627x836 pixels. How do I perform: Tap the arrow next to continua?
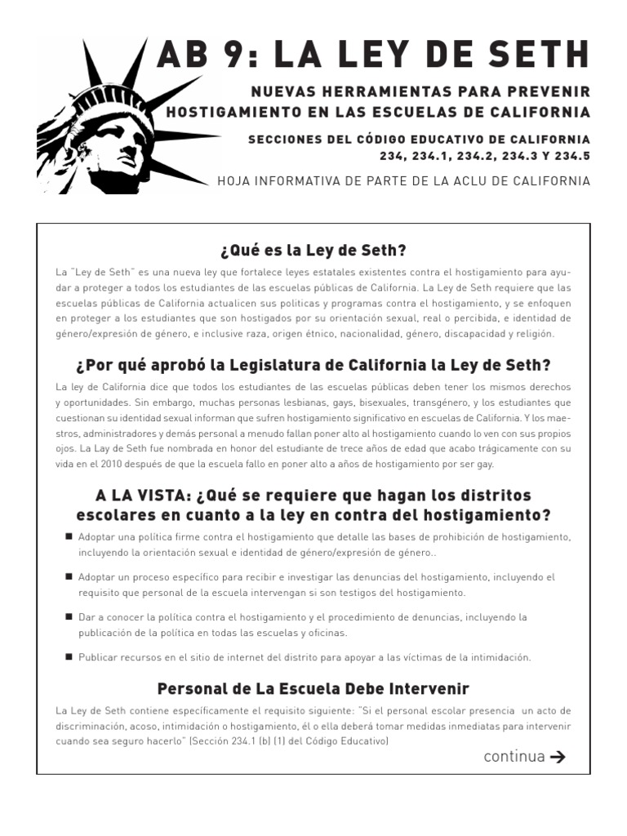click(x=558, y=756)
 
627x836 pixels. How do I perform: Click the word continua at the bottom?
click(x=514, y=756)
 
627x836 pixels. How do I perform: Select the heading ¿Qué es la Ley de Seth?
click(x=313, y=250)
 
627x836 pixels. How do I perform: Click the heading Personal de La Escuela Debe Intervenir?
click(x=313, y=689)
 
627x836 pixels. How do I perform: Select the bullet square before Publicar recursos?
click(x=69, y=656)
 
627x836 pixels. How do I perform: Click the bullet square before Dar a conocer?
click(x=69, y=616)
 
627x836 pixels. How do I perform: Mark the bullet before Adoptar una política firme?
click(x=69, y=536)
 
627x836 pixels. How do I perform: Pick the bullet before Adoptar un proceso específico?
click(x=69, y=576)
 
